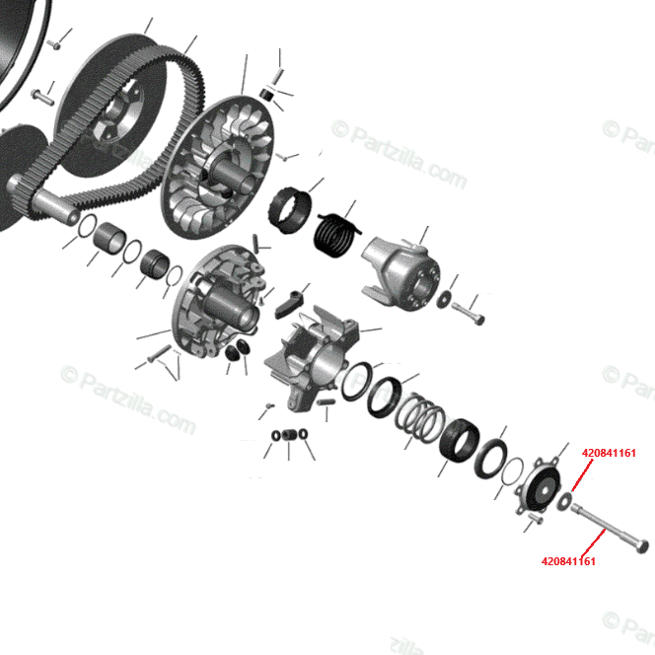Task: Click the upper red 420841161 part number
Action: click(x=609, y=453)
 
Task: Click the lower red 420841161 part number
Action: click(x=568, y=561)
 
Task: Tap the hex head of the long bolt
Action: click(x=642, y=546)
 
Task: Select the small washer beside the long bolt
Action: click(x=564, y=501)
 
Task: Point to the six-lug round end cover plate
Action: click(x=539, y=487)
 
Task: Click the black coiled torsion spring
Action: click(x=335, y=235)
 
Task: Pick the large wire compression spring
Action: click(x=420, y=417)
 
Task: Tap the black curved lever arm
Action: click(x=290, y=303)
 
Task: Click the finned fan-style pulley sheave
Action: click(x=218, y=167)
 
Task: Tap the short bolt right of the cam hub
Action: click(x=468, y=313)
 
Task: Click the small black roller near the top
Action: click(x=266, y=95)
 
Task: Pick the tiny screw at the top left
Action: click(x=54, y=43)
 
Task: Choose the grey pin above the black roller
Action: click(x=277, y=76)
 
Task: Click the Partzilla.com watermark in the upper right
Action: click(x=400, y=154)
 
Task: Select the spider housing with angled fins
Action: click(x=314, y=358)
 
